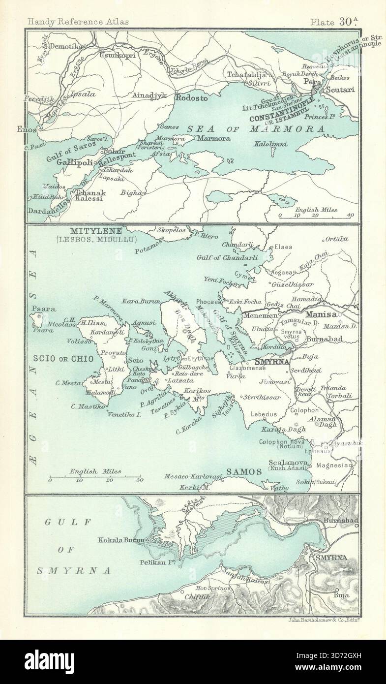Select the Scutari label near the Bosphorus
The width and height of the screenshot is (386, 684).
click(x=339, y=92)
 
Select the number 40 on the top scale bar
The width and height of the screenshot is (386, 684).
click(x=350, y=216)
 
